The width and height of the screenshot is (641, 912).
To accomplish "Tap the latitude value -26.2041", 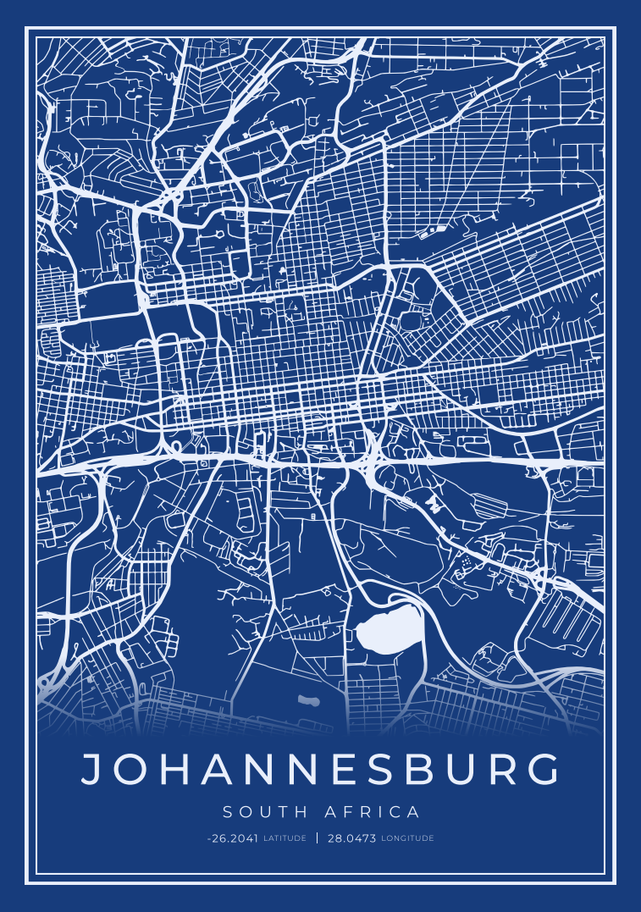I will tap(232, 838).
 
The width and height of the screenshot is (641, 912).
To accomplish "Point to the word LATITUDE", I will tap(285, 838).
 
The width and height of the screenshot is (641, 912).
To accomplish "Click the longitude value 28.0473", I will tap(351, 838).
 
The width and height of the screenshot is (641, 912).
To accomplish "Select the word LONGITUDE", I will tap(408, 838).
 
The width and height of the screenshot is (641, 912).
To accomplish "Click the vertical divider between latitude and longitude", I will tap(318, 838).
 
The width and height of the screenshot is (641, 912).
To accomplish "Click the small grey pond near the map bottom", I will tap(308, 700).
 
